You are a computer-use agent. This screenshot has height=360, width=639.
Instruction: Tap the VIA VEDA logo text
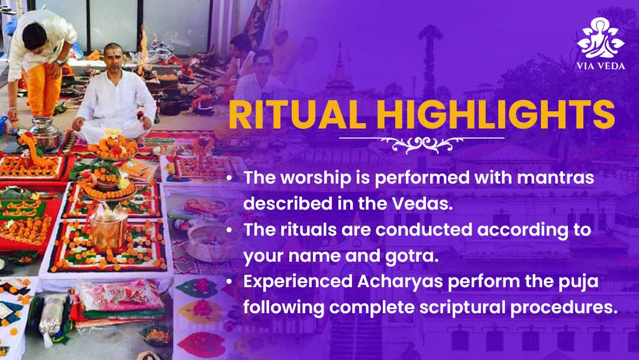coord(601,66)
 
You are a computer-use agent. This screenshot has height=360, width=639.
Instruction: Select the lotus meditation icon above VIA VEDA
coord(601,37)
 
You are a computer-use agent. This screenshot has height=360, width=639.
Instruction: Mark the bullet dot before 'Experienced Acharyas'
coord(230,282)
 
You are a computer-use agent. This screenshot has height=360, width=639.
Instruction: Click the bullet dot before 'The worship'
coord(230,178)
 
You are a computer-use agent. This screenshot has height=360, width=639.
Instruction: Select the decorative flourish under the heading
coord(422,143)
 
